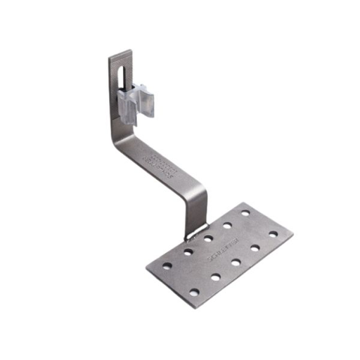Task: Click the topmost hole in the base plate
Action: pyautogui.click(x=245, y=212)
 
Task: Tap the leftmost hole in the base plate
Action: pyautogui.click(x=167, y=266)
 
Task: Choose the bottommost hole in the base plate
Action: pyautogui.click(x=195, y=292)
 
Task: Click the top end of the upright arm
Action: pyautogui.click(x=121, y=53)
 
